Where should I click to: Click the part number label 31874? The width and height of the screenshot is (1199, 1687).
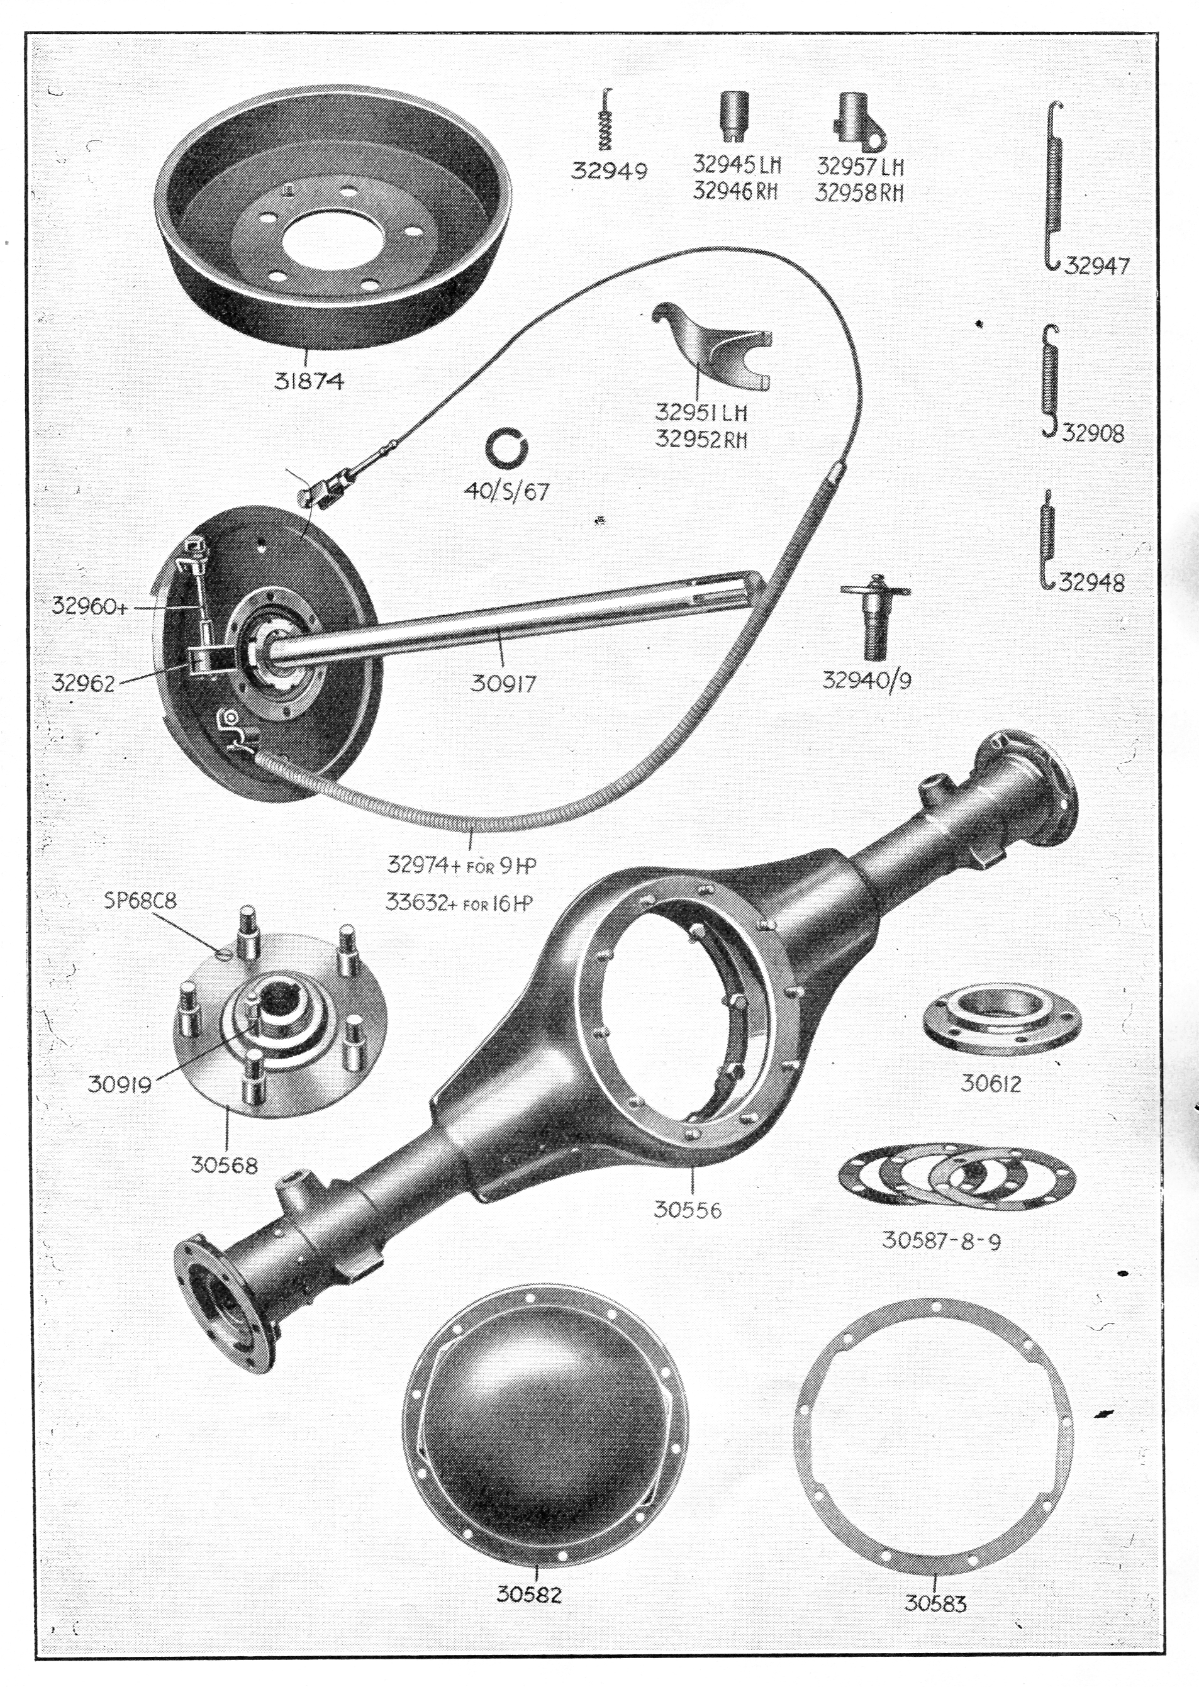pos(309,381)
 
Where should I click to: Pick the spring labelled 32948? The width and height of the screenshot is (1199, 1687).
pos(1047,539)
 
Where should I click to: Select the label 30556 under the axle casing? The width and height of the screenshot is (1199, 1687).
pos(688,1210)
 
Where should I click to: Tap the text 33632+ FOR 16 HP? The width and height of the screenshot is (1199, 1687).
pos(459,902)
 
